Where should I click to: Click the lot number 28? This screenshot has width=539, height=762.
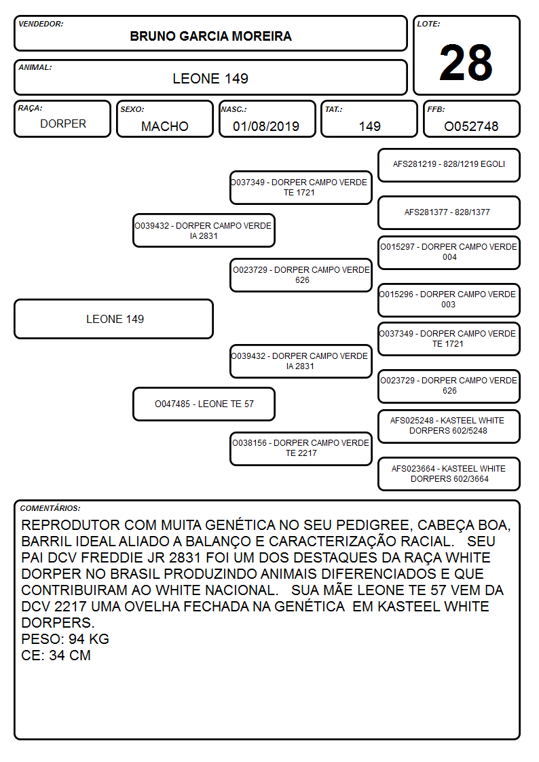tap(466, 62)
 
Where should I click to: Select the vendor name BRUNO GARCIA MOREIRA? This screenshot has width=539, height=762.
tap(210, 37)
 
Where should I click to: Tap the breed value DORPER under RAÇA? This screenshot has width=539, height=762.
tap(63, 124)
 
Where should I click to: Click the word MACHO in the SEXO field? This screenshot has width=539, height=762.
tap(165, 126)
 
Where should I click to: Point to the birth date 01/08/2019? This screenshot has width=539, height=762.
tap(266, 126)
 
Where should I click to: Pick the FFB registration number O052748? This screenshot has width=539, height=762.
tap(471, 126)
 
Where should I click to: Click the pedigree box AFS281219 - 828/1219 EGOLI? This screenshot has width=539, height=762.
tap(449, 166)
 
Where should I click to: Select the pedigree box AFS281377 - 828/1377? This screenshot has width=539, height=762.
tap(449, 212)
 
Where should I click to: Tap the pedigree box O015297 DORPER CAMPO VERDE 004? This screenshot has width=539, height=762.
tap(449, 252)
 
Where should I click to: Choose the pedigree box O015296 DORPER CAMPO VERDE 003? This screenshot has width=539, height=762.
tap(449, 300)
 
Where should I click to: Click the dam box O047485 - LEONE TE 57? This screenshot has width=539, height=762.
tap(204, 404)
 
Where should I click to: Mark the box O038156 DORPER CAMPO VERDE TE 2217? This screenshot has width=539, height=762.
tap(301, 449)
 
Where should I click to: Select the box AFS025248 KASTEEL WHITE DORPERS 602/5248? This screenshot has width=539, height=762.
tap(449, 426)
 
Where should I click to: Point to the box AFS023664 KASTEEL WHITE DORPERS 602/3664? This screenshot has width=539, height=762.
tap(449, 474)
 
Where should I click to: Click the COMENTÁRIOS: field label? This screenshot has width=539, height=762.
tap(50, 508)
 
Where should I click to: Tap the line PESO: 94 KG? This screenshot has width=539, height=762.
tap(65, 639)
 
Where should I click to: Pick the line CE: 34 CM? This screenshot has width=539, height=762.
tap(56, 655)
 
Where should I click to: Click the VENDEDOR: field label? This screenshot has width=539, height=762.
tap(41, 24)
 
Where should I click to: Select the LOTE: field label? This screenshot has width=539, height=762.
tap(428, 24)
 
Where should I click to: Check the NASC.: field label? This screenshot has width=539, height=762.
tap(234, 109)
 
